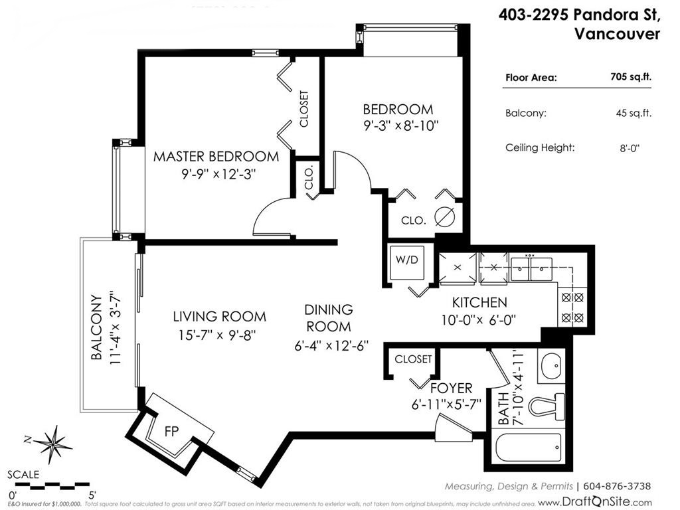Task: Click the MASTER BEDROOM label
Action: tap(216, 157)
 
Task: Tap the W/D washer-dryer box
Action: tap(406, 259)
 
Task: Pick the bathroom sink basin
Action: tap(551, 366)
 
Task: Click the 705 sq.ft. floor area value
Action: tap(631, 77)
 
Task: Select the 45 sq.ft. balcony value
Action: tap(634, 113)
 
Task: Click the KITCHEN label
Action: tap(479, 303)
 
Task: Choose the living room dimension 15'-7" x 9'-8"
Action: tap(220, 335)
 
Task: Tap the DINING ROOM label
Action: tap(329, 318)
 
